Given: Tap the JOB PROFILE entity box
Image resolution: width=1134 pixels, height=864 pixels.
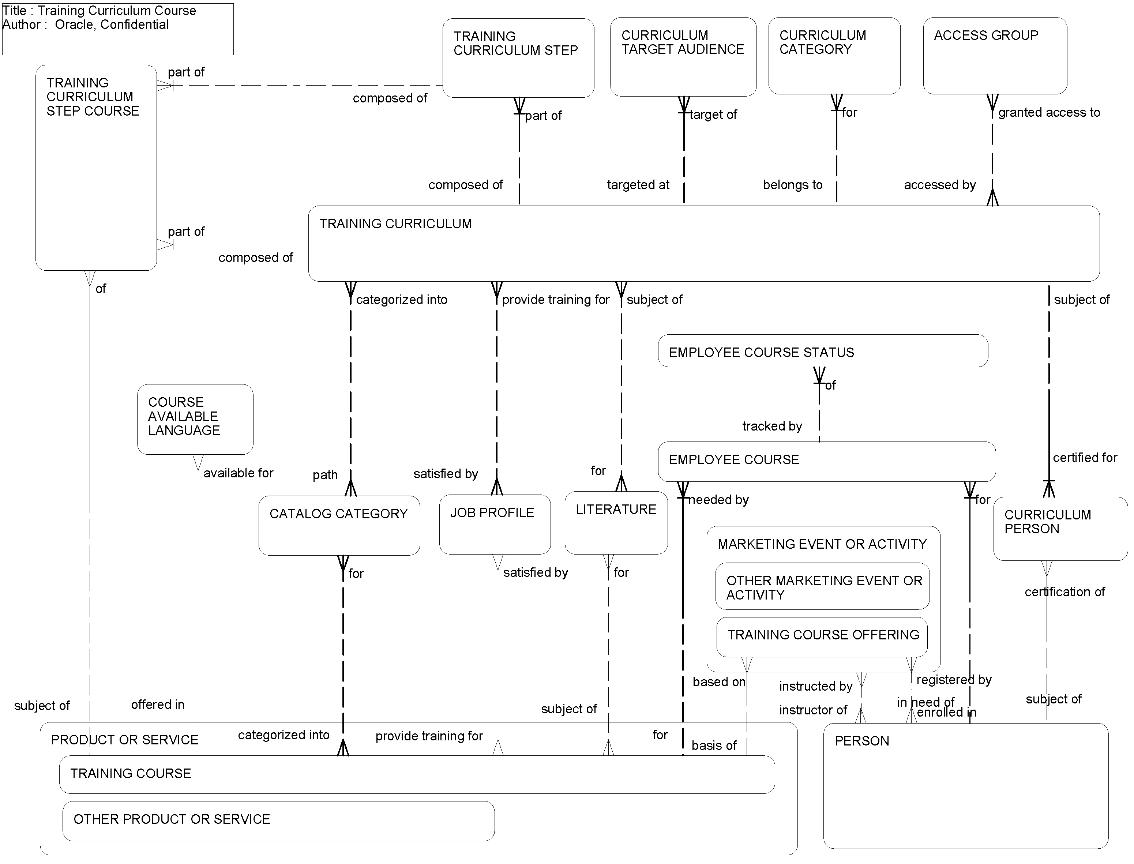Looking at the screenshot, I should coord(495,525).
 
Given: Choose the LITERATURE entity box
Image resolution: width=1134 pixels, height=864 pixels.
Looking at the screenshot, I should coord(616,523).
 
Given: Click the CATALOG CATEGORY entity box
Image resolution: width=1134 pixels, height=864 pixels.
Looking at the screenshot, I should coord(339,526).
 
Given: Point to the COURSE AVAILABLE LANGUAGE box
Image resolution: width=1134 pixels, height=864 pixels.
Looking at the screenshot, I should coord(195,419).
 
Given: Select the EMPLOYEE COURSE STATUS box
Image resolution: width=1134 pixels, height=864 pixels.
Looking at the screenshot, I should coord(822,351).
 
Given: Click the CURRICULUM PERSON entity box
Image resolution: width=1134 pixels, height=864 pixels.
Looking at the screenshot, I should coord(1060,529).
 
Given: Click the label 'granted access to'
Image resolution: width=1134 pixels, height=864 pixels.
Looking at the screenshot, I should coord(1049,113).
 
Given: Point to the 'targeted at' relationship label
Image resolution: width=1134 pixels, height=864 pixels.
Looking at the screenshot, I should coord(638,185).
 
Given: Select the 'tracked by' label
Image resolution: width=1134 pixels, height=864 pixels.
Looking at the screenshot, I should coord(771,427).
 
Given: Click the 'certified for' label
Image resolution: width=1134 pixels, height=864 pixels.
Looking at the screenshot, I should coord(1085,458).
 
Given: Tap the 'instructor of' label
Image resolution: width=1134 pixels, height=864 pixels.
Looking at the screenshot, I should coord(812,710).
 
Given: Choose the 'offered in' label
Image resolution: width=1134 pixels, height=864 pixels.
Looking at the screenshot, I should coord(157,705).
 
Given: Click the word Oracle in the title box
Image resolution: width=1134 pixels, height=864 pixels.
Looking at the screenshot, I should coord(75,25).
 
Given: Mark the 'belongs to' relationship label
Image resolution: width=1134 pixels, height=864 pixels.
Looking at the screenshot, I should coord(792,185).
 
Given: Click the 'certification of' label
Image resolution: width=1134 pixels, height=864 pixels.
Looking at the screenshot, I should coord(1064,592).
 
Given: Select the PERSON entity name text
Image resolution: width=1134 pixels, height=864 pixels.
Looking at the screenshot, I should coord(861,741).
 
